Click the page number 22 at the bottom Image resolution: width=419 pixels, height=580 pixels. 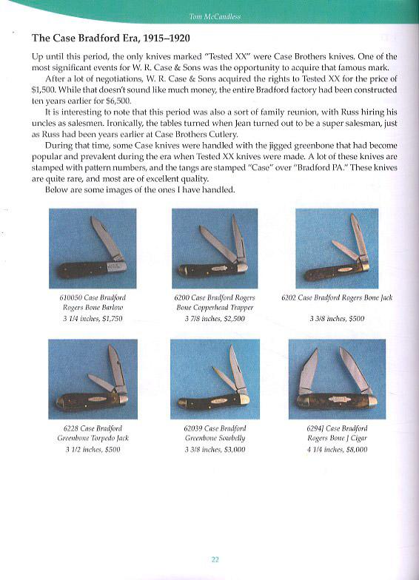[215, 559]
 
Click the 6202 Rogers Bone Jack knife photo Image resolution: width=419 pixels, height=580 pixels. [338, 249]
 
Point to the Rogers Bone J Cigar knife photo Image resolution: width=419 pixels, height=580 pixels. [338, 379]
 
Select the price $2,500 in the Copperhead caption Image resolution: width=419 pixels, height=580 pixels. [232, 319]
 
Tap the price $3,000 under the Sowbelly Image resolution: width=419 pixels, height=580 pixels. [232, 449]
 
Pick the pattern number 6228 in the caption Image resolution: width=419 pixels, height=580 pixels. [71, 428]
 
